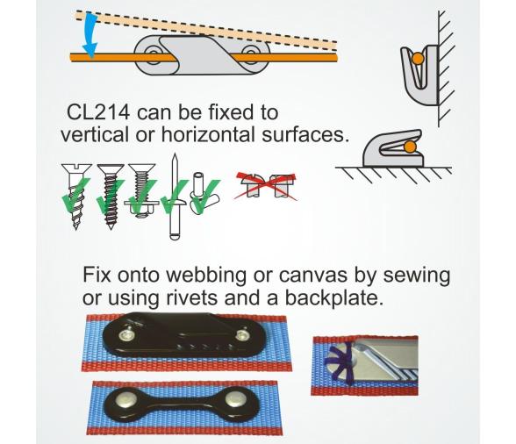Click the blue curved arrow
click(x=90, y=36)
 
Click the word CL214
click(x=98, y=112)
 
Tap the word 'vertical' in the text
click(x=94, y=134)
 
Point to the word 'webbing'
click(x=206, y=276)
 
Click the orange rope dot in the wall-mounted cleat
click(x=418, y=59)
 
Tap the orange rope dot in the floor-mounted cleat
click(x=409, y=147)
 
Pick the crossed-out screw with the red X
click(x=266, y=186)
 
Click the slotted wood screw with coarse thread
click(x=76, y=196)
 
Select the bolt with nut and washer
click(x=142, y=190)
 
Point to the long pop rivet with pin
click(x=175, y=197)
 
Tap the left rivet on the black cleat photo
click(x=125, y=335)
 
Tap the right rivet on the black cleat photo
click(x=242, y=335)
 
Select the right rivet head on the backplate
click(x=234, y=398)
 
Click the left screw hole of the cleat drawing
click(x=153, y=54)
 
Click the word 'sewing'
click(x=416, y=276)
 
